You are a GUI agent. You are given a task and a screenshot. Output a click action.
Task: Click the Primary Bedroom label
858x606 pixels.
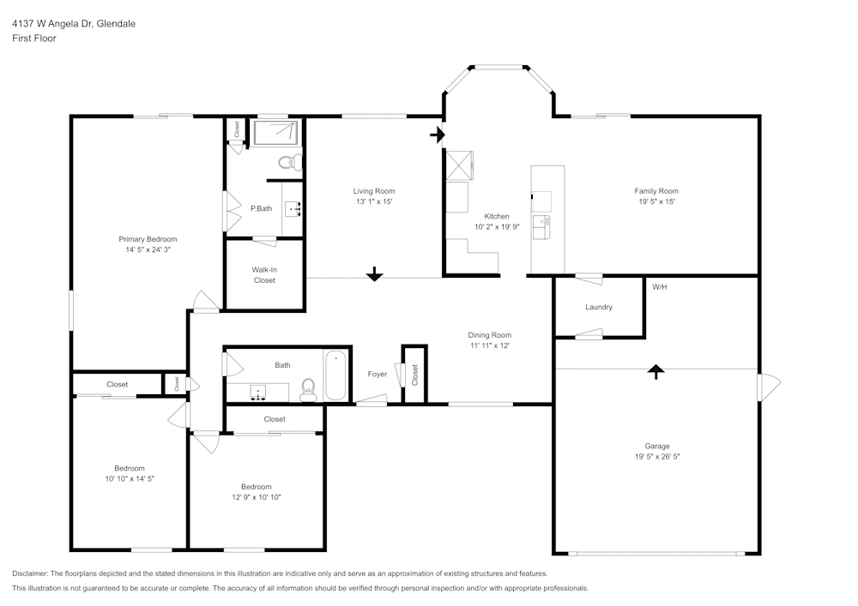pyautogui.click(x=148, y=239)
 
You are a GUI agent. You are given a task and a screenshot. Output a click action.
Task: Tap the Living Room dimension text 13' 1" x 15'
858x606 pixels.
pyautogui.click(x=374, y=201)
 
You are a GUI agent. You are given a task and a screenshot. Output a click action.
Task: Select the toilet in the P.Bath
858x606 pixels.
pyautogui.click(x=290, y=161)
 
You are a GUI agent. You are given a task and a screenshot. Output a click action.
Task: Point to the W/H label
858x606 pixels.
pyautogui.click(x=659, y=286)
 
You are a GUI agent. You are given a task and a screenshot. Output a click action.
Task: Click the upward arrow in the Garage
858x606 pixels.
pyautogui.click(x=656, y=371)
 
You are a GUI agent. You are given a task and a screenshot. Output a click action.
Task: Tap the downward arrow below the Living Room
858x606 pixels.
pyautogui.click(x=375, y=274)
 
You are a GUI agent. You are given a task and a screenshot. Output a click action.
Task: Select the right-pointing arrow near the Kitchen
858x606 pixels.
pyautogui.click(x=438, y=135)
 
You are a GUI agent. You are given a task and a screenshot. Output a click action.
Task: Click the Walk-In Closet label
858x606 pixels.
pyautogui.click(x=264, y=274)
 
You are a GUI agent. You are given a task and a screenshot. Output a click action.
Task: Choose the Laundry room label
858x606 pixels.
pyautogui.click(x=598, y=307)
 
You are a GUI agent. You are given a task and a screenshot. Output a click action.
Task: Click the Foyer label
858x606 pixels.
pyautogui.click(x=378, y=374)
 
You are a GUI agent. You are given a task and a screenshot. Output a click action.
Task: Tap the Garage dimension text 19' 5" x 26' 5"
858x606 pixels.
pyautogui.click(x=657, y=457)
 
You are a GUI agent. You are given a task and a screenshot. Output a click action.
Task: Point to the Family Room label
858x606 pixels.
pyautogui.click(x=656, y=191)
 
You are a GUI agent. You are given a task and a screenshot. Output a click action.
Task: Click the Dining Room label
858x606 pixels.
pyautogui.click(x=489, y=335)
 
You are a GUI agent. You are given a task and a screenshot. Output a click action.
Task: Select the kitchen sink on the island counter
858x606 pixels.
pyautogui.click(x=541, y=228)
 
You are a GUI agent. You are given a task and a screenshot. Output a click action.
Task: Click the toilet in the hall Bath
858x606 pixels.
pyautogui.click(x=309, y=391)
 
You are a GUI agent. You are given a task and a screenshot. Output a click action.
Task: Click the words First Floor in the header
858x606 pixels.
pyautogui.click(x=34, y=39)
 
